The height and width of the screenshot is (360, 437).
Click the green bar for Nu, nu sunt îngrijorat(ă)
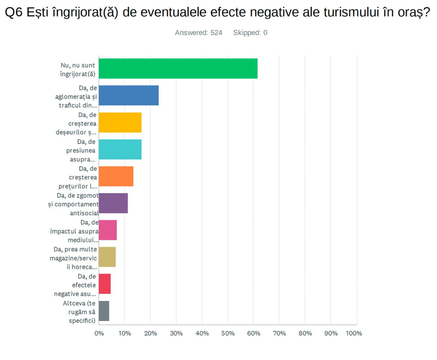click(x=178, y=68)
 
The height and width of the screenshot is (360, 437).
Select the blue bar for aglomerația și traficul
click(x=129, y=95)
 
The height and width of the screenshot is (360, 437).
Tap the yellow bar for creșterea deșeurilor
click(x=120, y=122)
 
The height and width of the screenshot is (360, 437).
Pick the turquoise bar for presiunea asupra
click(x=120, y=149)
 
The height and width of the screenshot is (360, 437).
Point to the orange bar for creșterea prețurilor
click(x=116, y=176)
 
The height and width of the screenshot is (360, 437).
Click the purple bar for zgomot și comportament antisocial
click(x=113, y=203)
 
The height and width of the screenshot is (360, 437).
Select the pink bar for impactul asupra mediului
click(x=108, y=230)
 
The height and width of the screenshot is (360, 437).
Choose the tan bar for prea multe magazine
click(x=107, y=257)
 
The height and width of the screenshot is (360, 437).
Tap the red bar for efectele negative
click(x=105, y=284)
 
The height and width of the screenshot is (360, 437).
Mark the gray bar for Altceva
click(x=104, y=311)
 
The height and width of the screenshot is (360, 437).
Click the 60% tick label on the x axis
click(x=254, y=333)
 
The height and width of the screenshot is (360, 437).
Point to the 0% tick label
click(x=99, y=333)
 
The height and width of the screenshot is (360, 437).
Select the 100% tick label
click(x=354, y=333)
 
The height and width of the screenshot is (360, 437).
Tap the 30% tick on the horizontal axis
click(x=176, y=333)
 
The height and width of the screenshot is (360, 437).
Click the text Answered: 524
click(x=199, y=33)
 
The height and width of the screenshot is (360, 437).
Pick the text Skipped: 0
click(x=250, y=33)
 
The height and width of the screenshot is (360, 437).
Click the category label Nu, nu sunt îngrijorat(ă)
click(x=78, y=69)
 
